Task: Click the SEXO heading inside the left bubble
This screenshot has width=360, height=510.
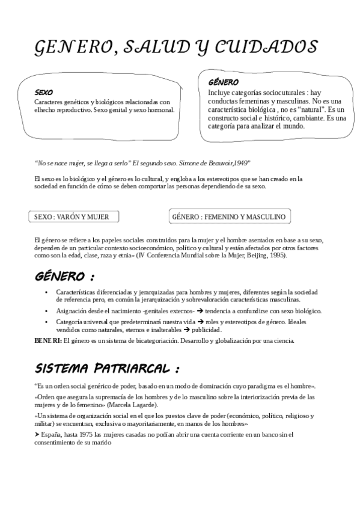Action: [44, 93]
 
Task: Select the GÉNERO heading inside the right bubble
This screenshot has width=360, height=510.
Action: [223, 82]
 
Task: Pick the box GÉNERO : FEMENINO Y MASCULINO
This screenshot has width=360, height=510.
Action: [228, 217]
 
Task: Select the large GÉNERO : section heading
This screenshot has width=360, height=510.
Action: [64, 277]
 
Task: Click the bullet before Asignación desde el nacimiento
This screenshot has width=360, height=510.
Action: [47, 311]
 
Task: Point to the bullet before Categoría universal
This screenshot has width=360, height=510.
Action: [47, 322]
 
